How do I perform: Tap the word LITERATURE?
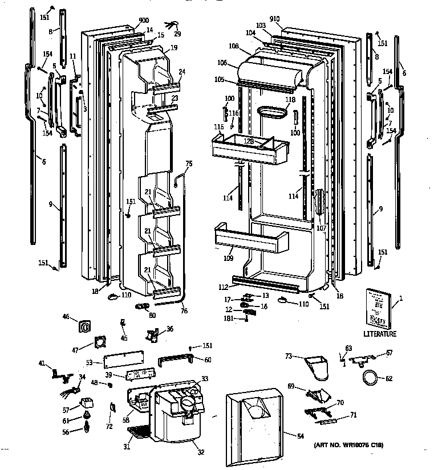pyautogui.click(x=379, y=334)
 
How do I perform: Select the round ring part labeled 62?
pyautogui.click(x=371, y=377)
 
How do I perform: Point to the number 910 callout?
pyautogui.click(x=275, y=19)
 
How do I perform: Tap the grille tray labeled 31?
pyautogui.click(x=139, y=438)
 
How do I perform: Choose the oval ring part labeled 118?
pyautogui.click(x=273, y=113)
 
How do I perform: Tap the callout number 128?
pyautogui.click(x=249, y=141)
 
